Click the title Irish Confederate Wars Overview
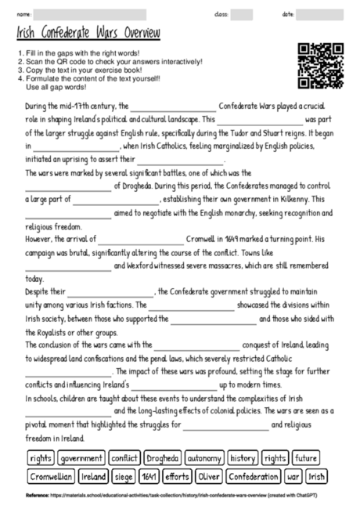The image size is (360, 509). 88,34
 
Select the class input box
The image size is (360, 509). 242,14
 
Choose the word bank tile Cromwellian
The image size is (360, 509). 51,476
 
